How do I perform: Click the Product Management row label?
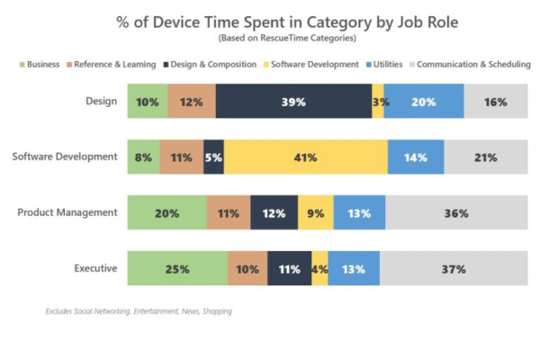coord(67,212)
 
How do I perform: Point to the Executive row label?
coord(95,268)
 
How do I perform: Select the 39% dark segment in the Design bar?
coord(293,102)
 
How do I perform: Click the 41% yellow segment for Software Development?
coord(306,157)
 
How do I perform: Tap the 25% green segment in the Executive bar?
coord(177,268)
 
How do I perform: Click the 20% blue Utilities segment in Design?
coord(424,102)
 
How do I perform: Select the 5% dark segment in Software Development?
coord(214,157)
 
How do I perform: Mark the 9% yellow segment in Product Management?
coord(316,213)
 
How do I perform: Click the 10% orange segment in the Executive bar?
coord(247,268)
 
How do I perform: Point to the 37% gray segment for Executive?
coord(454,268)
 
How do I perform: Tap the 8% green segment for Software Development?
coord(144,157)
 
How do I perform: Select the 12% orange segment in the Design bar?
coord(192,102)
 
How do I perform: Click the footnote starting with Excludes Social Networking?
coord(139,311)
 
